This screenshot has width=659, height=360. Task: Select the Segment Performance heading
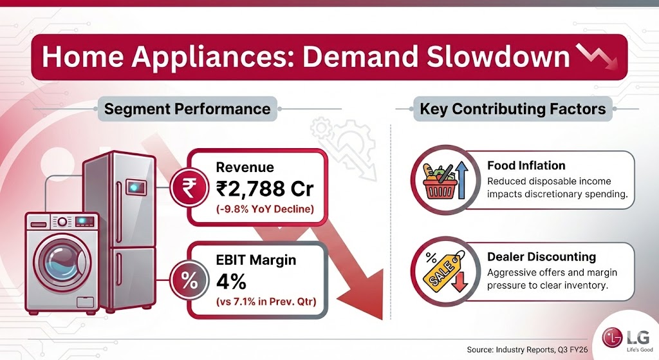coord(187,109)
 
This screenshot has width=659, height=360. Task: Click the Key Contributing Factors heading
coord(513,109)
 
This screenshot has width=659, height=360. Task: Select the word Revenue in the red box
coord(245,167)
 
